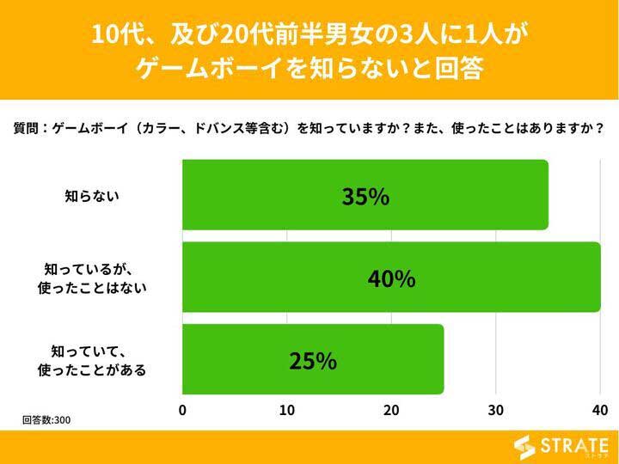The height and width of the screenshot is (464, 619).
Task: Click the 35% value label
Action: [365, 197]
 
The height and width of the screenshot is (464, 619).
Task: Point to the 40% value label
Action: [391, 278]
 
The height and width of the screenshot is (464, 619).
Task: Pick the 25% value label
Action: [313, 361]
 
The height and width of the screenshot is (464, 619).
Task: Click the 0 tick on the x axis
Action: [182, 410]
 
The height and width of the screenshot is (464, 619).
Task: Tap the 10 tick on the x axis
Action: [287, 410]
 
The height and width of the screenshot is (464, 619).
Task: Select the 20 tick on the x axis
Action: [391, 410]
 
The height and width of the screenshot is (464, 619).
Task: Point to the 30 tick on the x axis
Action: [496, 410]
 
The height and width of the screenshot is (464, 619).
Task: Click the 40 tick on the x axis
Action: [600, 410]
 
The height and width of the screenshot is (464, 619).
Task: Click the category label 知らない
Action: [92, 196]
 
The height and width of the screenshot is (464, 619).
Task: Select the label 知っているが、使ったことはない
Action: [92, 278]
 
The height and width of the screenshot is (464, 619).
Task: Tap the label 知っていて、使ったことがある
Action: [92, 361]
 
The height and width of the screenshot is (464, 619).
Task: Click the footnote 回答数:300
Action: [46, 420]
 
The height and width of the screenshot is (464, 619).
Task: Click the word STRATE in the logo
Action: [574, 445]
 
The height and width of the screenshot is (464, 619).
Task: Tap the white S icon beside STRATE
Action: [525, 447]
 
